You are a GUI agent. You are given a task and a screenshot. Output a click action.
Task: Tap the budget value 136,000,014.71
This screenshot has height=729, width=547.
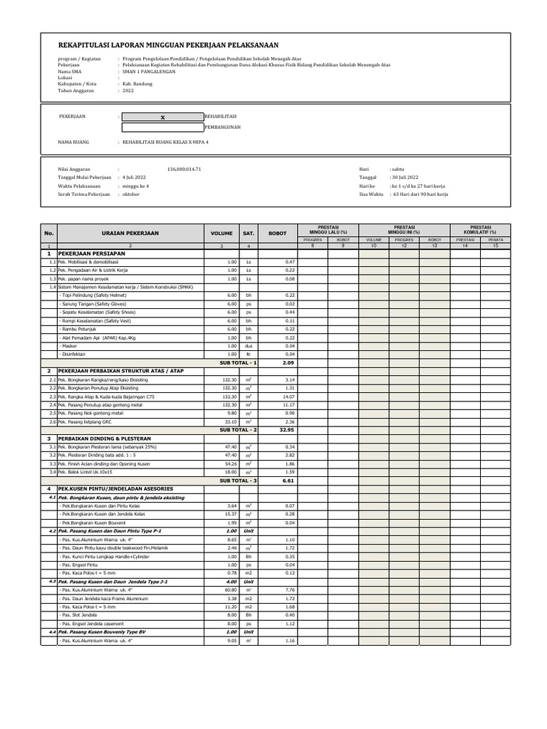(x=184, y=169)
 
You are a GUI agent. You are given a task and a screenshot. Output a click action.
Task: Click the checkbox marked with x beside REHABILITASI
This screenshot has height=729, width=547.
(x=162, y=117)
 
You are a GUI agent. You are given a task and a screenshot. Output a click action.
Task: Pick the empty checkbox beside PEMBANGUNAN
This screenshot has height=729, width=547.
(x=162, y=128)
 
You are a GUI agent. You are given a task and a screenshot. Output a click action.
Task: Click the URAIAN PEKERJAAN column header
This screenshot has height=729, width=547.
(x=130, y=233)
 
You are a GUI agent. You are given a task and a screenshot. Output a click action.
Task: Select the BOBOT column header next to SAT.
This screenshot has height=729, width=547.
(x=276, y=233)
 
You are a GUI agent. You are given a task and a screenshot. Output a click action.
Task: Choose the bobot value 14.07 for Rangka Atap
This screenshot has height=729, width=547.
(x=289, y=397)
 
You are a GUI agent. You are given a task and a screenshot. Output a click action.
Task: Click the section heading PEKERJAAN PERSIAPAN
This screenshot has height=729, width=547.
(x=91, y=253)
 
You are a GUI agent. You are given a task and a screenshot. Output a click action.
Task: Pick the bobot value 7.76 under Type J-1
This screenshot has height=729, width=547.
(x=289, y=590)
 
